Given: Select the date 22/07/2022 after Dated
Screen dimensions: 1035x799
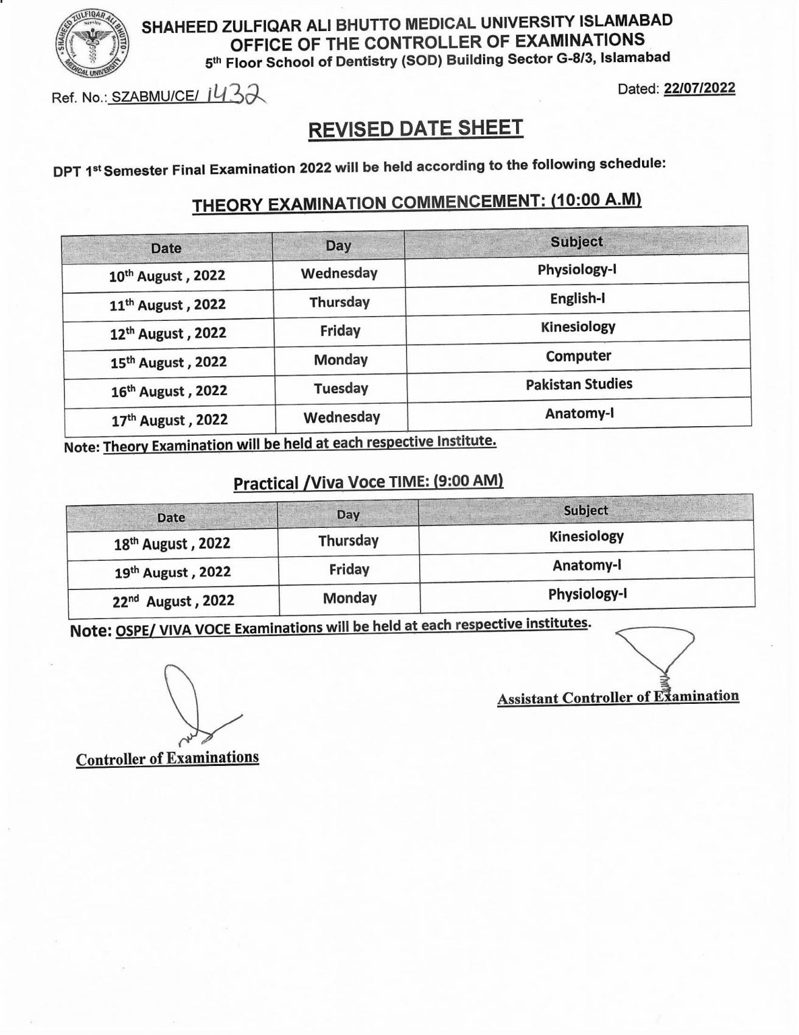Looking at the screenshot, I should pos(699,88).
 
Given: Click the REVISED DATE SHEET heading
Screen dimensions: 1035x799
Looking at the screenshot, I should pos(416,129).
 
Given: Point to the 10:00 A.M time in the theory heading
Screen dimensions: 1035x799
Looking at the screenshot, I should pos(596,200).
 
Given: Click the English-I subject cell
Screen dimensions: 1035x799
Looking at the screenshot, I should pos(577,298).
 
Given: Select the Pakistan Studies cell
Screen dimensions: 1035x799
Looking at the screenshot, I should pos(579,384).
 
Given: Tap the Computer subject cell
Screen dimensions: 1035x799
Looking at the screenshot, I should pos(578,356).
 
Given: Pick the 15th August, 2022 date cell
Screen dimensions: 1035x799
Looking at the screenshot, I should pos(169,362).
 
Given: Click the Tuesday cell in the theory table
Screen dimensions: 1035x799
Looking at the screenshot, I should pos(341,388).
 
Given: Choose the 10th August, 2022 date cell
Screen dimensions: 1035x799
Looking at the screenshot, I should pos(167,276).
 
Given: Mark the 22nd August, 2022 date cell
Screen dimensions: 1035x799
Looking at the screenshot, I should pos(173,601).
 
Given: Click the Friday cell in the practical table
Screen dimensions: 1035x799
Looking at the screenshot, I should pos(349,569).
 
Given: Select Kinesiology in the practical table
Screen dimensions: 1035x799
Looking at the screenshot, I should pos(586,536).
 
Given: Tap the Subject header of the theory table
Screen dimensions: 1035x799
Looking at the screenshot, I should pos(576,242).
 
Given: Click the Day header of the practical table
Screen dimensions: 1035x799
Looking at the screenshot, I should pos(348,514).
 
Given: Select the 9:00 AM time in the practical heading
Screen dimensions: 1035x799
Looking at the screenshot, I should pos(468,481).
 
